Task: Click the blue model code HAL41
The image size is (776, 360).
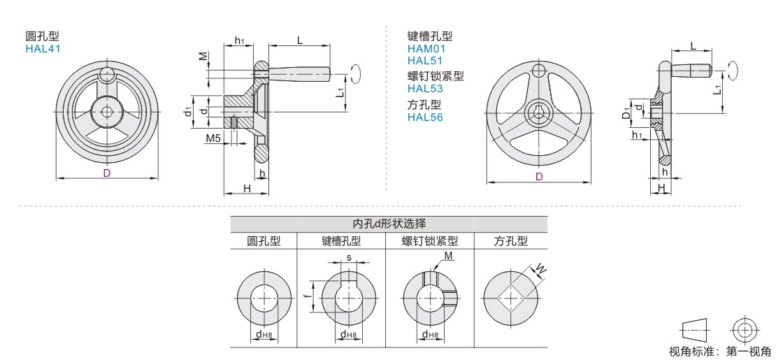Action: [x=43, y=48]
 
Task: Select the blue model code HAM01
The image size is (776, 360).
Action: [x=426, y=48]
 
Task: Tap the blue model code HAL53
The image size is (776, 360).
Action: [x=425, y=89]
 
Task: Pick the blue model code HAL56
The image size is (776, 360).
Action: [x=425, y=117]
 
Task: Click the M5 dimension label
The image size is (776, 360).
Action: [x=213, y=138]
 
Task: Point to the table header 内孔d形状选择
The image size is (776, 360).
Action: [x=389, y=224]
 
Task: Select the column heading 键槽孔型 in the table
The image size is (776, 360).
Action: [x=341, y=241]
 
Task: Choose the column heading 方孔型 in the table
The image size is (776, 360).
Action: [x=511, y=241]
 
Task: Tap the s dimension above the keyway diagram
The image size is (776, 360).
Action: [x=349, y=257]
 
